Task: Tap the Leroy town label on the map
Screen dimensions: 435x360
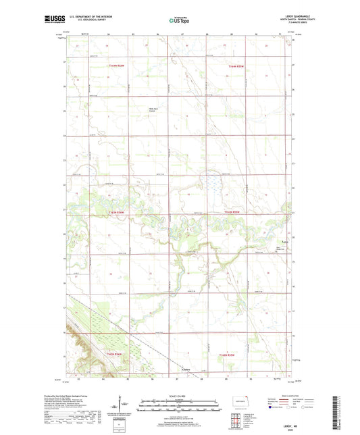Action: (x=284, y=241)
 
